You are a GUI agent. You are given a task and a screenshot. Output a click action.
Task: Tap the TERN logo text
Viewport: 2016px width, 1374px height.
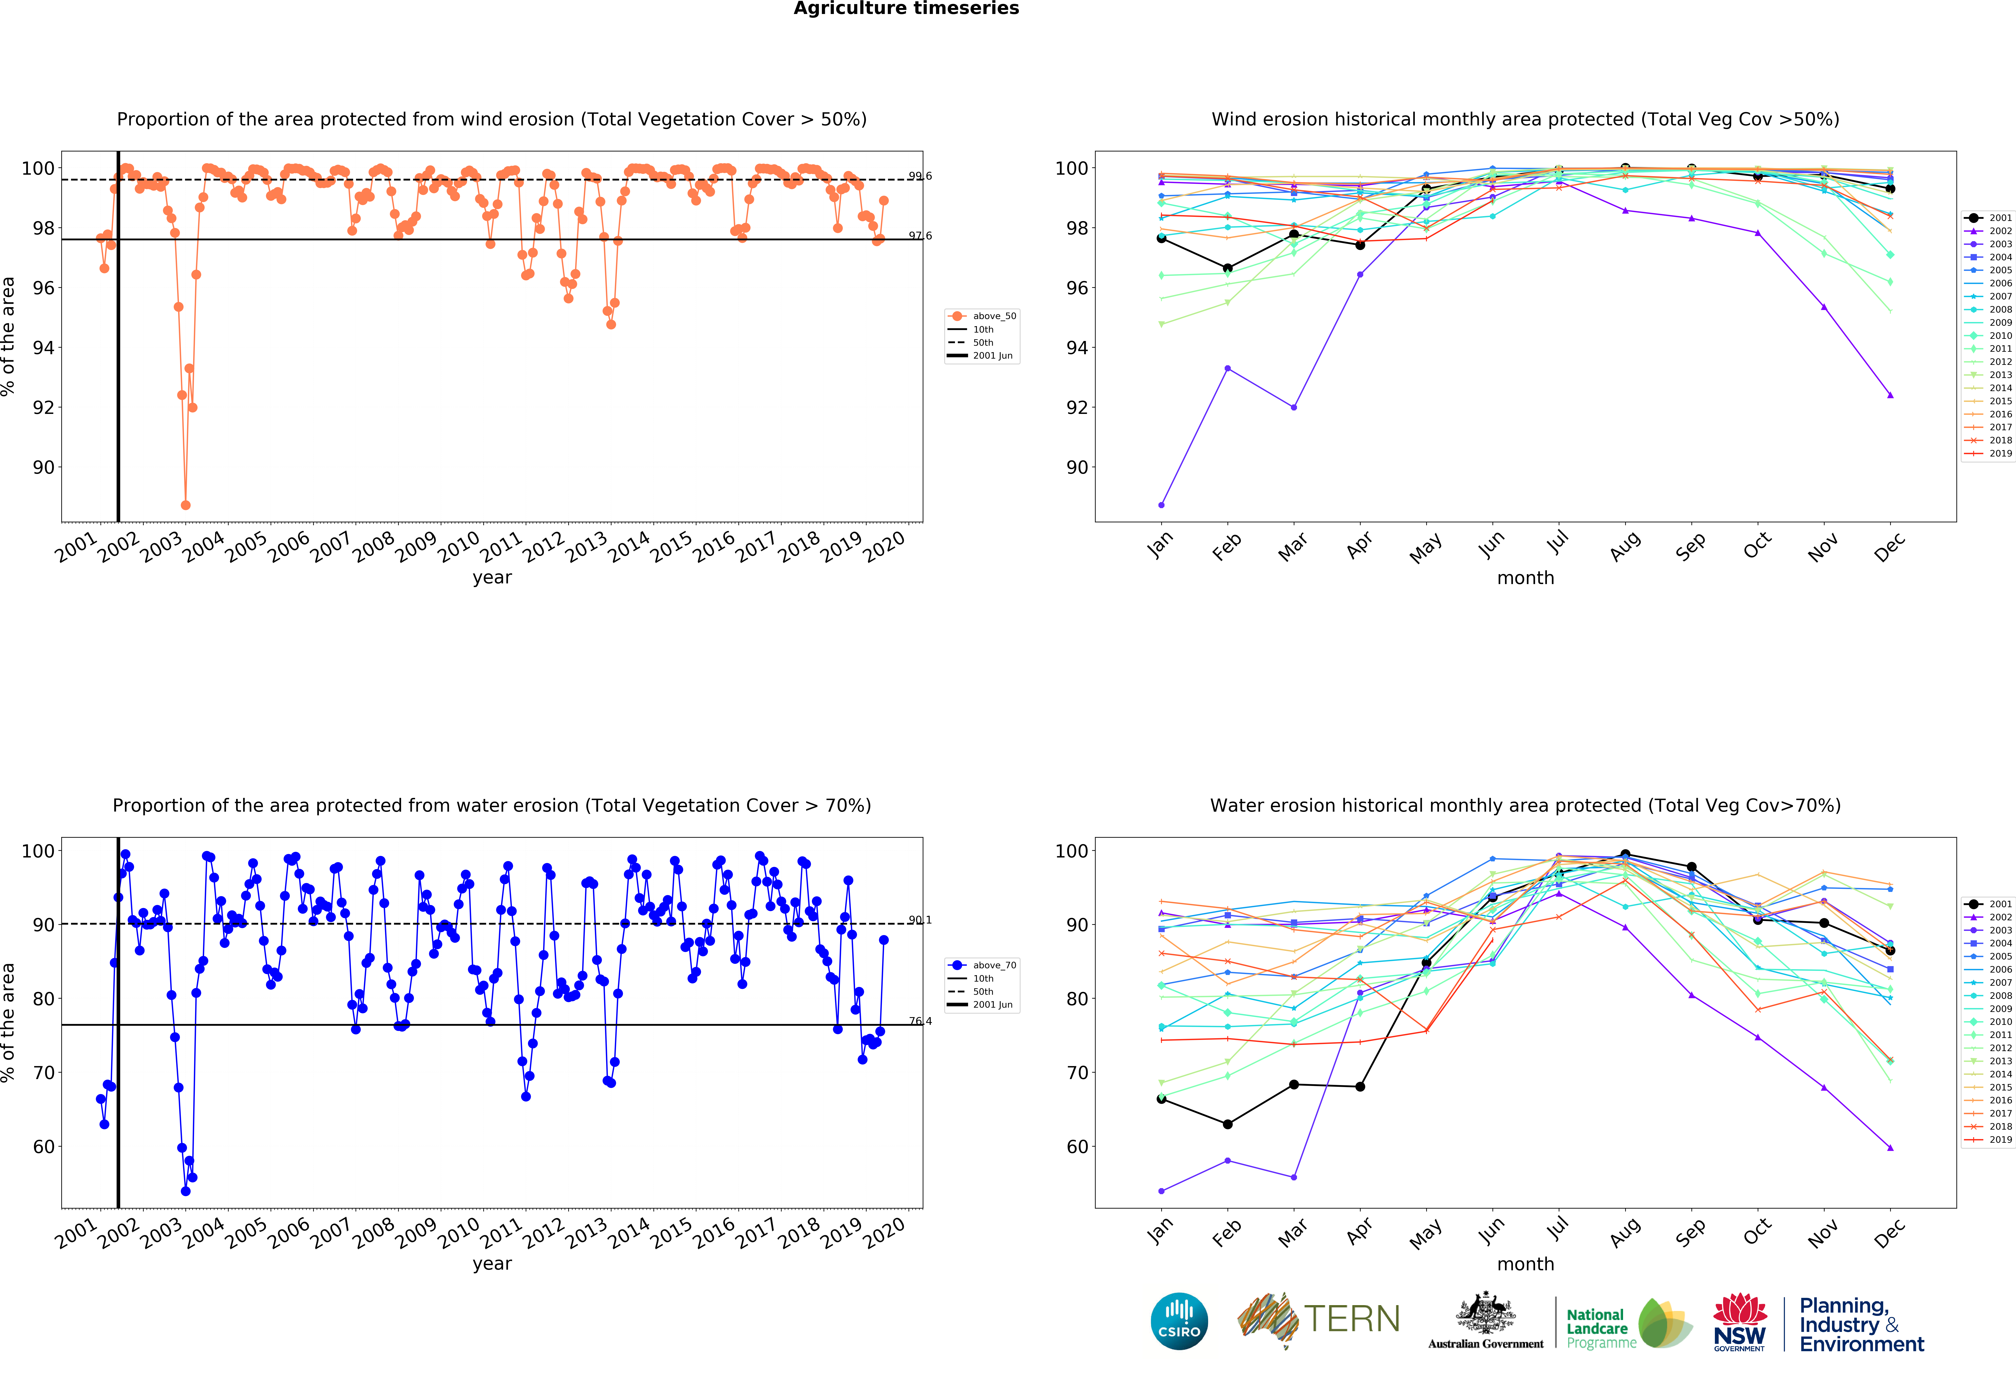click(1352, 1319)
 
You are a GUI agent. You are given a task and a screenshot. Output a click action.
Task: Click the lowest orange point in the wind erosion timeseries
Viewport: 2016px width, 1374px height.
click(186, 505)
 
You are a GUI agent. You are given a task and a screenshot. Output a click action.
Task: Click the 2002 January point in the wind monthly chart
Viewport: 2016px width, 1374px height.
click(1161, 505)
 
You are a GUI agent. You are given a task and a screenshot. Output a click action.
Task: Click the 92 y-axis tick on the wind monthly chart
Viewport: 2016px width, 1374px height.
click(1077, 408)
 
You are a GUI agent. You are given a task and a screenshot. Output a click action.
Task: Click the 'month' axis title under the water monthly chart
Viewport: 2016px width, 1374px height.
click(1525, 1264)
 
